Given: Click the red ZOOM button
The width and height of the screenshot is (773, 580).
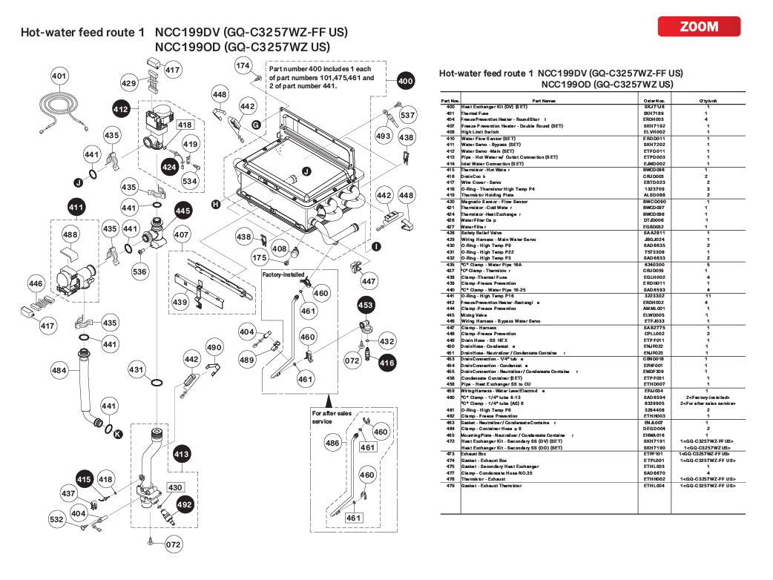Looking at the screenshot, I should pos(699,27).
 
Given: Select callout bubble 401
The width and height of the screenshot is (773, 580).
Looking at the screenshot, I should pos(59,76).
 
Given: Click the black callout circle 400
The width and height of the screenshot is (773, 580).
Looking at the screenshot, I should pos(405,81).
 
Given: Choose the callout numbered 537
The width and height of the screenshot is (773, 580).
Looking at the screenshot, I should pos(407,116).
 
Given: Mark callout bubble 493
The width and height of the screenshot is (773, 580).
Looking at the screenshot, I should pos(383,136).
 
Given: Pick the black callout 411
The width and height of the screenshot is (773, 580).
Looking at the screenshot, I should pos(76,208).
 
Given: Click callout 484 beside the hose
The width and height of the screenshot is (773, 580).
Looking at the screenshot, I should pos(59,369).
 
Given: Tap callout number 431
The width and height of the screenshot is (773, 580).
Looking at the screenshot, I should pos(136,369).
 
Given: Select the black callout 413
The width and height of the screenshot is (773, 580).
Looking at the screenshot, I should pos(181,453).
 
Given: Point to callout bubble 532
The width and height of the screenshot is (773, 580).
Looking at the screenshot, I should pos(57,520).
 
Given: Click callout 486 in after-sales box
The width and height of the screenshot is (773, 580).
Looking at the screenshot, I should pos(333,443).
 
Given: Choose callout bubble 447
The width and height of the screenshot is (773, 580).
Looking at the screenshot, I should pos(369,282).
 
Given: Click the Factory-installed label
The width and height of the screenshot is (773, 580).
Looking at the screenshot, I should pos(283,274).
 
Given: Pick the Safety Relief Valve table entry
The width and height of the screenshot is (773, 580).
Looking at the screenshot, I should pos(483,233).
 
